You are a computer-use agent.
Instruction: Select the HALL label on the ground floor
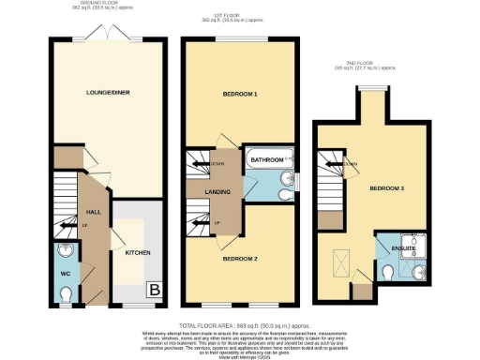click(x=93, y=212)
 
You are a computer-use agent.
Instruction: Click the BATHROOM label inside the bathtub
click(x=266, y=160)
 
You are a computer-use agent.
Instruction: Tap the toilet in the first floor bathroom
click(x=285, y=192)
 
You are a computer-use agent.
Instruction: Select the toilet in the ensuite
click(x=387, y=272)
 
